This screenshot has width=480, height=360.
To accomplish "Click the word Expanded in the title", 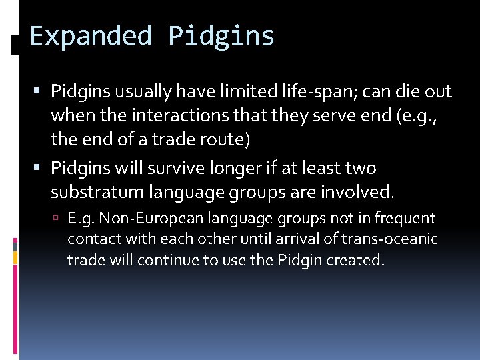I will pos(91,36).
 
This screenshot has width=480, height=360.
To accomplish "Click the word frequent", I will pos(405,218).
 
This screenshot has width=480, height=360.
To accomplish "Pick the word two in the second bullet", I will pos(361,167).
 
